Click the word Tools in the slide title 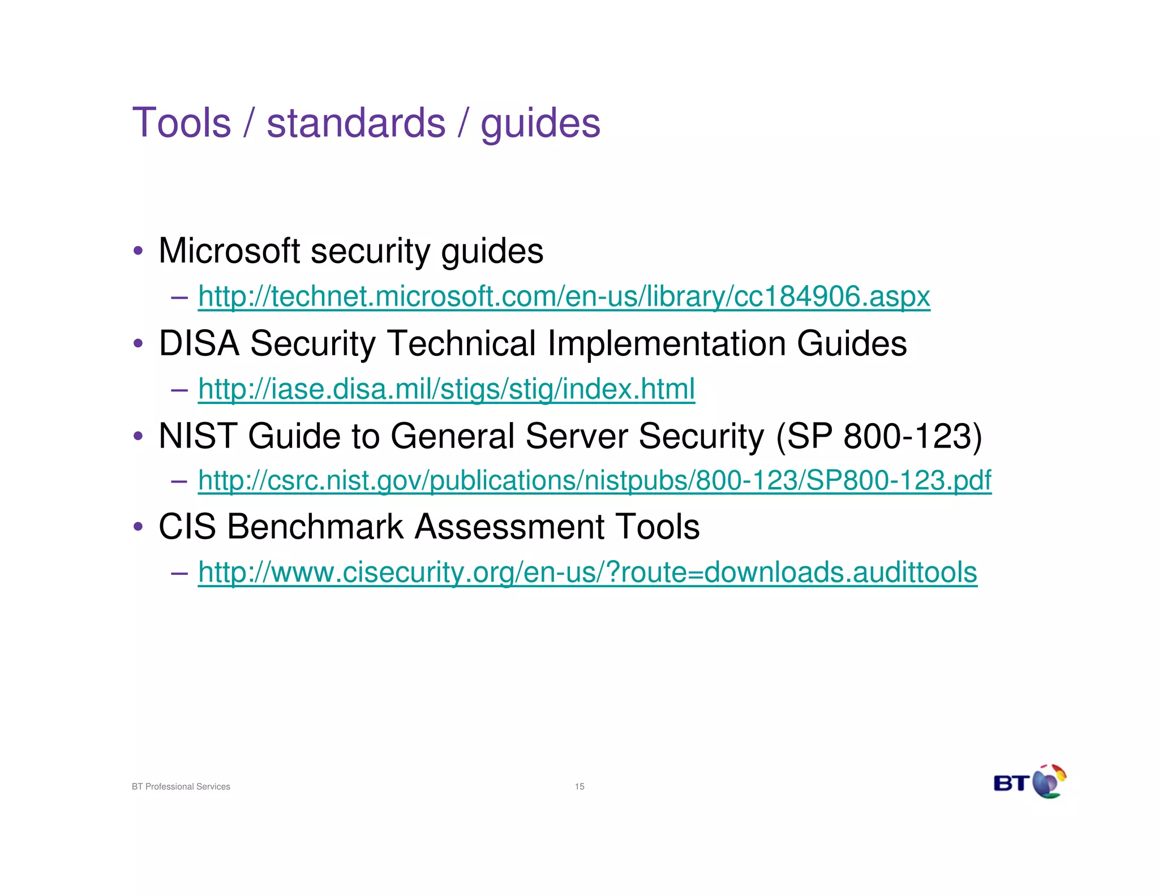coord(182,123)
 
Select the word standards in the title coord(356,123)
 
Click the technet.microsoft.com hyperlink coord(564,296)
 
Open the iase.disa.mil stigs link coord(446,389)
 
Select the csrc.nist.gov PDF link coord(594,480)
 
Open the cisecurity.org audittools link coord(587,572)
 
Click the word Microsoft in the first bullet coord(229,251)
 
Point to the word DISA coord(199,343)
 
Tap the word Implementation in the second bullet coord(666,343)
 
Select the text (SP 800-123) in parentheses coord(879,436)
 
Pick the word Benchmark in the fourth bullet coord(316,527)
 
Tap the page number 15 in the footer coord(579,786)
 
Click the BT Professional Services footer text coord(181,786)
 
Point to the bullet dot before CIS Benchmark coord(138,527)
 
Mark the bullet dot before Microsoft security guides coord(138,251)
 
